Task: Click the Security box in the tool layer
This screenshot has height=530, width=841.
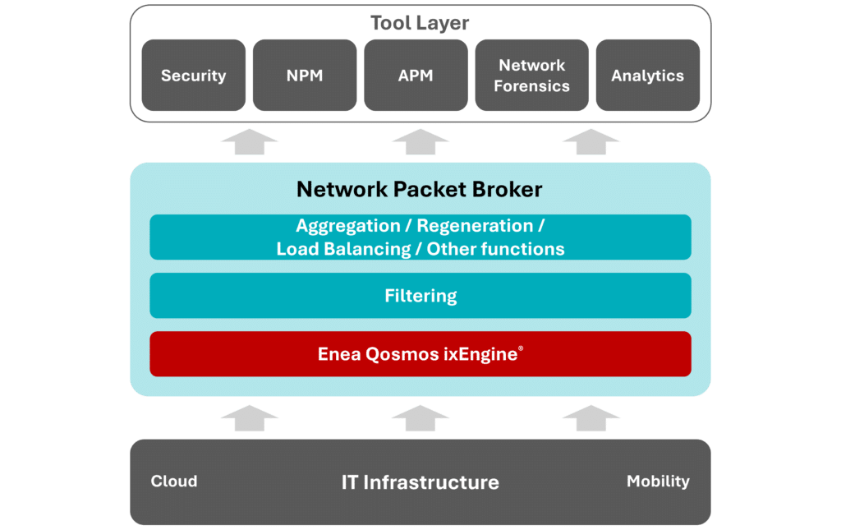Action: point(193,76)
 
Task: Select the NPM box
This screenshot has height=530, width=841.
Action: point(305,76)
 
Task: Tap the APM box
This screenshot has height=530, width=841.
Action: point(416,76)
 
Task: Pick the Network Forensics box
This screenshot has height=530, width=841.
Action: point(531,76)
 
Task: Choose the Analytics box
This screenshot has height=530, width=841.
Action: point(647,76)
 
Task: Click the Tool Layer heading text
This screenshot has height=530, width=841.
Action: point(420,23)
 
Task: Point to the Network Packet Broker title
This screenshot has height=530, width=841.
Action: point(420,190)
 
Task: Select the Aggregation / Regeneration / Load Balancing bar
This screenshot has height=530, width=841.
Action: point(420,237)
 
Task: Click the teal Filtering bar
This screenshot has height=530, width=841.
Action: point(420,295)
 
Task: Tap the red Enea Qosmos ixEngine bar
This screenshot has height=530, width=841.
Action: point(420,354)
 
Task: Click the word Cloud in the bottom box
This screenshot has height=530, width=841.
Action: point(174,482)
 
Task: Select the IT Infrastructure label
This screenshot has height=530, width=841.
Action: point(420,482)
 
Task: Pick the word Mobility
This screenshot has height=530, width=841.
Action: point(658,482)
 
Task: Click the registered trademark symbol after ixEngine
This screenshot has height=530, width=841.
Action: point(521,349)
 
